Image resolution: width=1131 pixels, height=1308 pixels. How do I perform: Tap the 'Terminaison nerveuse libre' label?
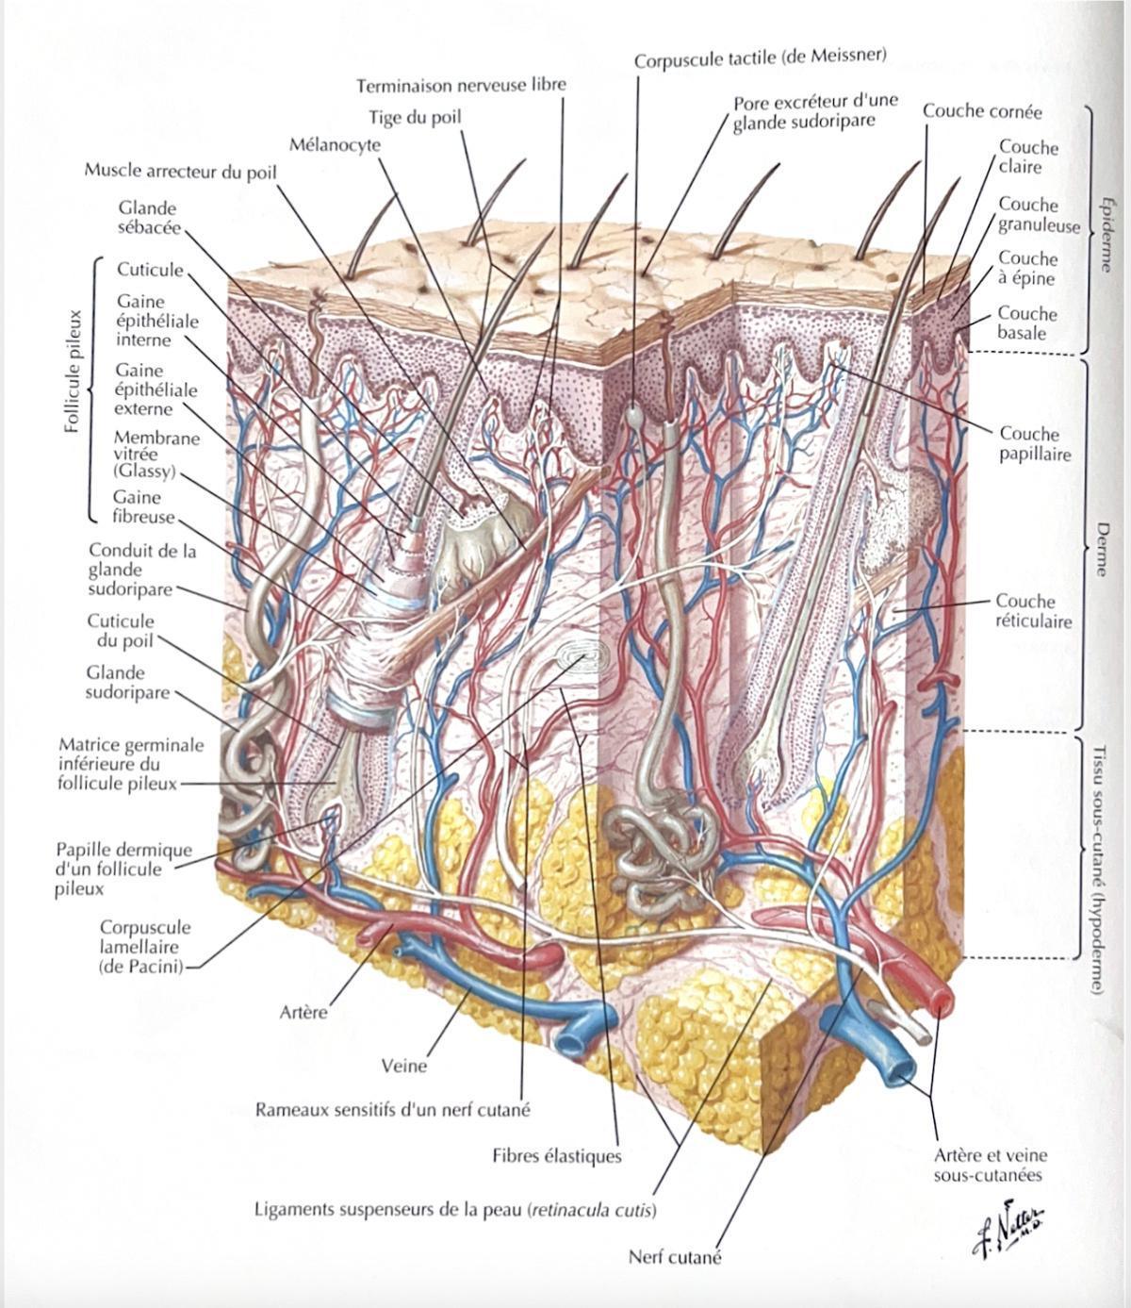point(461,85)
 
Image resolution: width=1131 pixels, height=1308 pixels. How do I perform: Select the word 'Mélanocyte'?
point(335,145)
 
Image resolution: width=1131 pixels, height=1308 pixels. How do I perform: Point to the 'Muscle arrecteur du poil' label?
point(180,172)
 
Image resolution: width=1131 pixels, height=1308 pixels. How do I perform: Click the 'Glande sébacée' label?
point(149,218)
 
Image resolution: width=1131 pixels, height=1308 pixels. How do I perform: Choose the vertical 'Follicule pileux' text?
point(74,371)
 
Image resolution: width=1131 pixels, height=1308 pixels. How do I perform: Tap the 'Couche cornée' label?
point(982,111)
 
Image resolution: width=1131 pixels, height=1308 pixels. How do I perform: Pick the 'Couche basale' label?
point(1026,323)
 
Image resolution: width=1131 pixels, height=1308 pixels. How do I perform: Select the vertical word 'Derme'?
point(1102,549)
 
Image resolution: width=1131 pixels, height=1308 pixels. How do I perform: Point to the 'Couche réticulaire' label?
point(1034,611)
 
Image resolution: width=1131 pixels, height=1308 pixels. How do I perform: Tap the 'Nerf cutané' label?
point(674,1257)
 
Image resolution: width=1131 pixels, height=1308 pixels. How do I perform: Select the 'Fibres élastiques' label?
point(557,1156)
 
